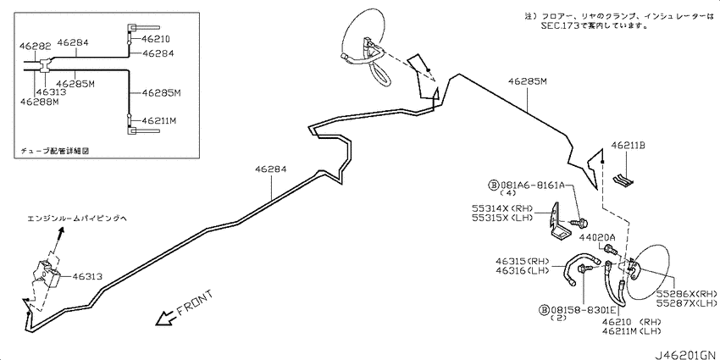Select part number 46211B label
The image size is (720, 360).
click(629, 146)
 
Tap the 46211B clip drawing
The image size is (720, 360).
click(624, 180)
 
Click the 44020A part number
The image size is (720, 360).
click(597, 237)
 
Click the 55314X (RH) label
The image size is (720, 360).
click(502, 208)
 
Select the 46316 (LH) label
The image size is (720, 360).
click(523, 270)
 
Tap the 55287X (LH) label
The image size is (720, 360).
click(686, 303)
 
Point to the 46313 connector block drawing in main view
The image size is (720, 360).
click(47, 274)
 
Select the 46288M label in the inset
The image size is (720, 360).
click(40, 102)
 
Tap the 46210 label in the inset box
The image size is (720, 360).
click(156, 39)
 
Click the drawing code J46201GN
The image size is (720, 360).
click(685, 355)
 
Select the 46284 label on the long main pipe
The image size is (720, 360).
click(271, 169)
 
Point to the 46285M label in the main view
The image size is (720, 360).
click(528, 81)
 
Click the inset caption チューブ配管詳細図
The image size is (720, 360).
click(55, 151)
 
